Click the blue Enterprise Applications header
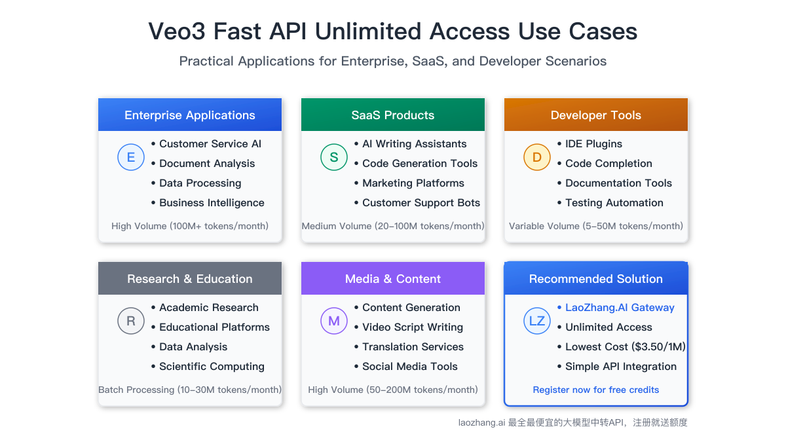click(190, 115)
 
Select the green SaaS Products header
click(393, 115)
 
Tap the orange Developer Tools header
click(596, 115)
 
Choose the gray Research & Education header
click(190, 279)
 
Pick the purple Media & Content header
click(393, 279)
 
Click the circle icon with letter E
click(131, 157)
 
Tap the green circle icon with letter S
click(334, 157)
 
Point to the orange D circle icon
click(537, 157)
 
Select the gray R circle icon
click(131, 321)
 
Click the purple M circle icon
click(334, 321)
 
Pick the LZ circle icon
click(537, 321)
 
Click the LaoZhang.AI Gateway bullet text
click(620, 308)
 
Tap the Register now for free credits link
click(596, 390)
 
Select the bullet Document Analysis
click(207, 164)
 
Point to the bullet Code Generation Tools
click(420, 164)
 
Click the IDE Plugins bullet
click(593, 144)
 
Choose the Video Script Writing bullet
click(413, 327)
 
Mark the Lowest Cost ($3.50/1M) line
click(625, 347)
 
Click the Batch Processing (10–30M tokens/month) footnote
click(190, 390)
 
